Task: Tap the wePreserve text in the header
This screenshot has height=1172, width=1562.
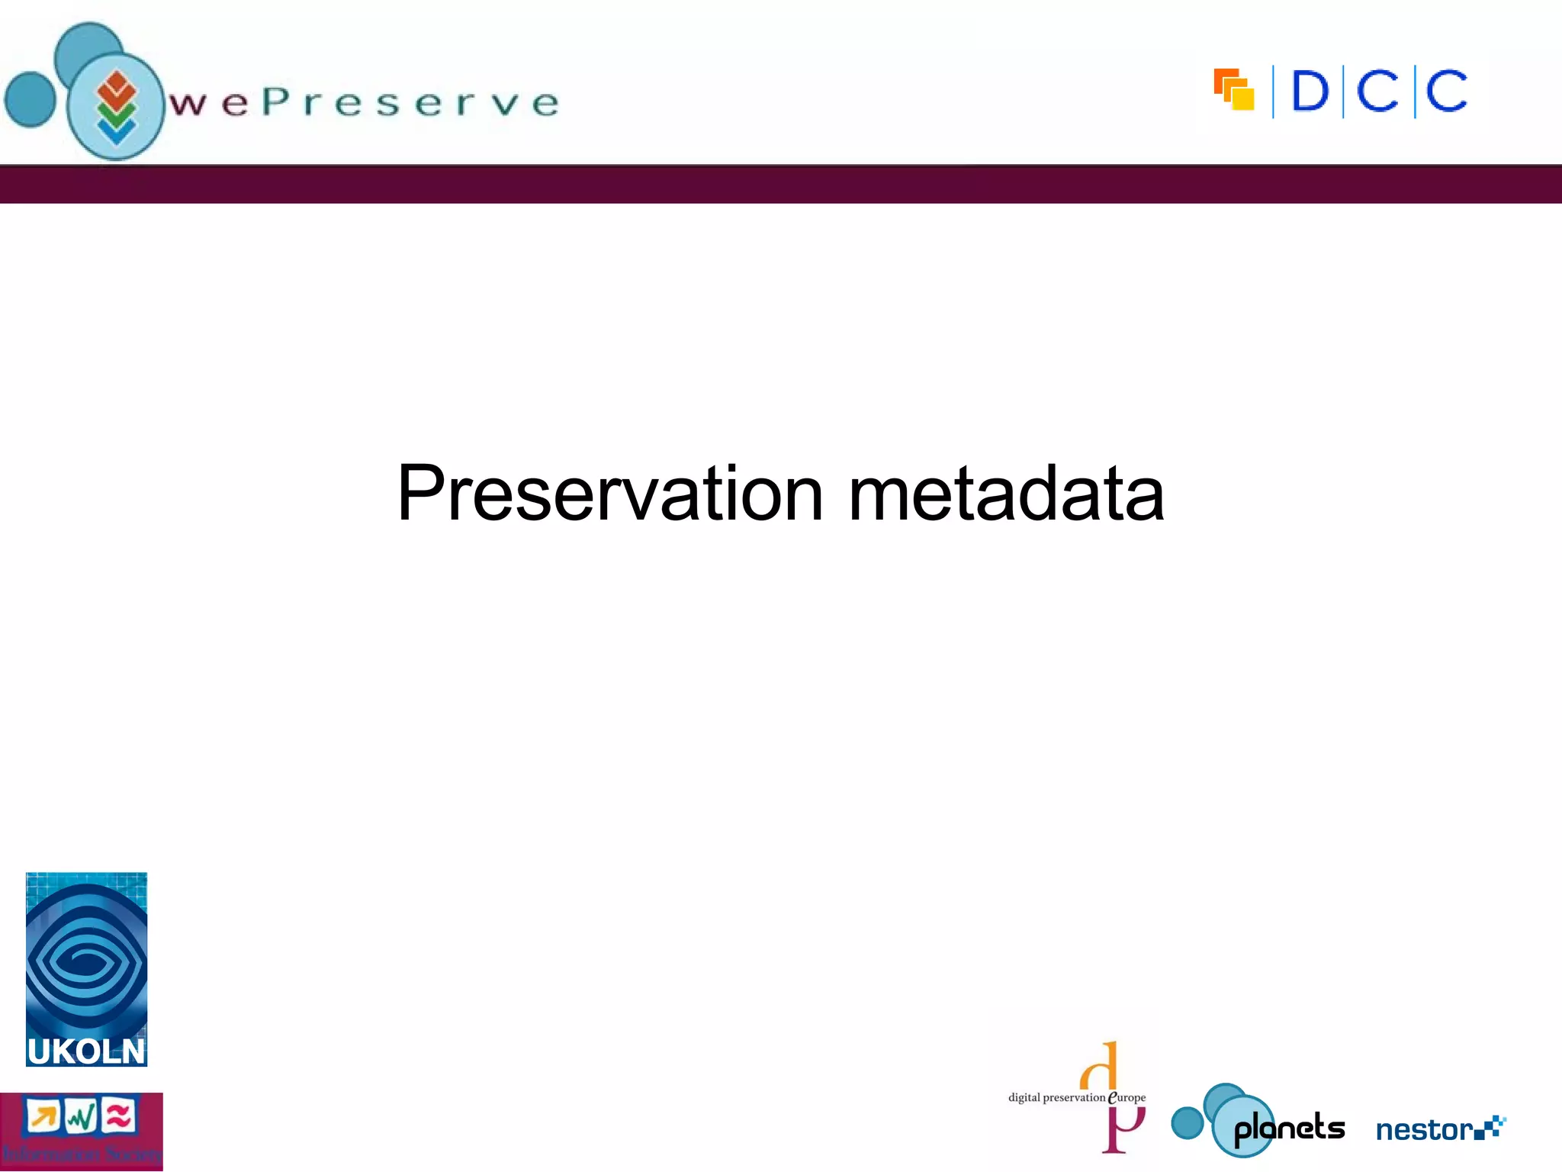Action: [x=365, y=103]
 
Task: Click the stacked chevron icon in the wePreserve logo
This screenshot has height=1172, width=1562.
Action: [x=116, y=107]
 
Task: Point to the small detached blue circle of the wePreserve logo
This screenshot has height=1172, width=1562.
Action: [x=31, y=99]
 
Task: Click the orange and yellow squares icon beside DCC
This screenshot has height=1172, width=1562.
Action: [x=1234, y=90]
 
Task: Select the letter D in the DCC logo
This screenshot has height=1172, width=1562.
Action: [x=1310, y=92]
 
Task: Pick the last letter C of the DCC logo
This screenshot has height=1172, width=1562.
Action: [x=1446, y=92]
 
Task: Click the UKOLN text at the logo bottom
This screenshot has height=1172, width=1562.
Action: [x=85, y=1051]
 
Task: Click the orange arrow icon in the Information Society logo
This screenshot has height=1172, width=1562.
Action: [x=43, y=1117]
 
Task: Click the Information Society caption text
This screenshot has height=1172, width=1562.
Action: [x=81, y=1154]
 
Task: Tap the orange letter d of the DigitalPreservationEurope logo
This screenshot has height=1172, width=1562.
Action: [x=1101, y=1067]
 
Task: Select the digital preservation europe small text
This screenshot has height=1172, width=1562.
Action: [x=1076, y=1098]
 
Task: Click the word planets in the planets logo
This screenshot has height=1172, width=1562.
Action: [x=1289, y=1128]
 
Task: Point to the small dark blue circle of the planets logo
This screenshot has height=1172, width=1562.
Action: [x=1187, y=1122]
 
